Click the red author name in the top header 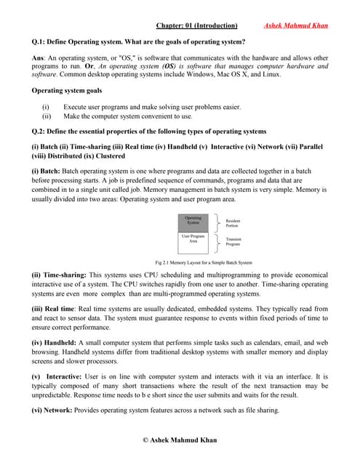(x=295, y=27)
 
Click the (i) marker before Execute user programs (x=47, y=107)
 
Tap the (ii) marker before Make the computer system (x=47, y=116)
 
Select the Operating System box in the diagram (x=193, y=221)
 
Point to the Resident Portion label (x=233, y=223)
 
